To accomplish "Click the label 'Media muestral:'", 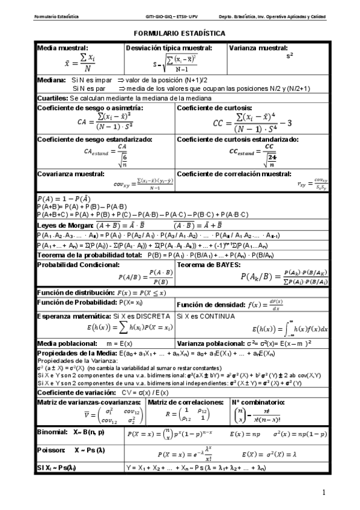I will click(63, 47).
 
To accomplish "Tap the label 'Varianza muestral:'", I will click(259, 47).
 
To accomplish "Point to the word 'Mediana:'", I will click(51, 79).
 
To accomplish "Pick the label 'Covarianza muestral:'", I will click(71, 173).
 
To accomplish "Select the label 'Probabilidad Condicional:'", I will click(78, 265).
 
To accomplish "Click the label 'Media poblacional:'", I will click(66, 343).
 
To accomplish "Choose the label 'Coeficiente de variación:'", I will click(76, 392).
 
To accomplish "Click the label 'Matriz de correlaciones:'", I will click(184, 402).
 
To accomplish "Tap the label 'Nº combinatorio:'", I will click(258, 402).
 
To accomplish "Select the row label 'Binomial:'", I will click(52, 432).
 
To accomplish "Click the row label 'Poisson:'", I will click(49, 449).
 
